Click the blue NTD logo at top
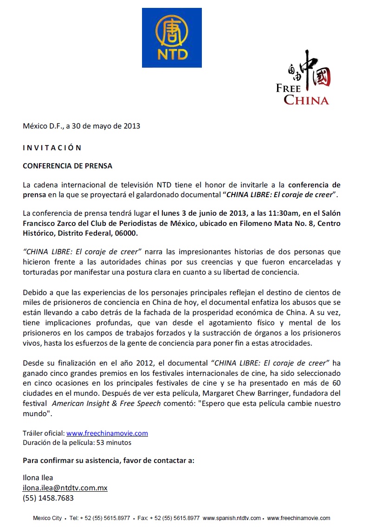pyautogui.click(x=172, y=38)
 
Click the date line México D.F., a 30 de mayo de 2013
pyautogui.click(x=82, y=126)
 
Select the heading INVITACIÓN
pyautogui.click(x=52, y=148)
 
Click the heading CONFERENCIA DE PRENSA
pyautogui.click(x=68, y=166)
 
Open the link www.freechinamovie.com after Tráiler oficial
pyautogui.click(x=107, y=433)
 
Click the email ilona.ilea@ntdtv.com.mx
pyautogui.click(x=65, y=488)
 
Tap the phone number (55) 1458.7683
pyautogui.click(x=48, y=498)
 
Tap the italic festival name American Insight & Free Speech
pyautogui.click(x=106, y=403)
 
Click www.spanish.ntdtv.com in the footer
pyautogui.click(x=232, y=518)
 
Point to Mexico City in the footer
pyautogui.click(x=47, y=518)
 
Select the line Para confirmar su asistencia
pyautogui.click(x=109, y=461)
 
